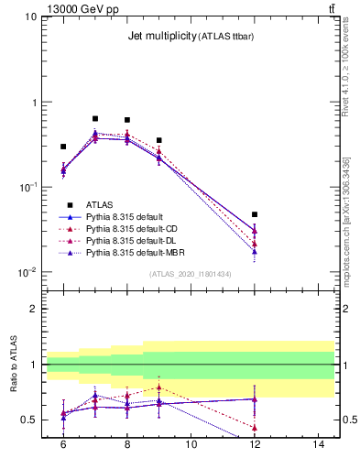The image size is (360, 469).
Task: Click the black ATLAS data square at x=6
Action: [x=63, y=147]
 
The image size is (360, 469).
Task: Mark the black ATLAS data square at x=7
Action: [x=95, y=118]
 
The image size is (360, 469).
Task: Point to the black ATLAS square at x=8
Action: [x=127, y=120]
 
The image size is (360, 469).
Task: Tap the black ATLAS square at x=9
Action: [x=159, y=140]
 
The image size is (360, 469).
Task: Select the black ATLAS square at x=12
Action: [x=255, y=214]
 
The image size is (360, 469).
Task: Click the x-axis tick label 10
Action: [x=191, y=444]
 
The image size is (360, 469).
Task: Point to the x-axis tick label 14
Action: [x=319, y=444]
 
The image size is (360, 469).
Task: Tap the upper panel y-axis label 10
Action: [x=30, y=17]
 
